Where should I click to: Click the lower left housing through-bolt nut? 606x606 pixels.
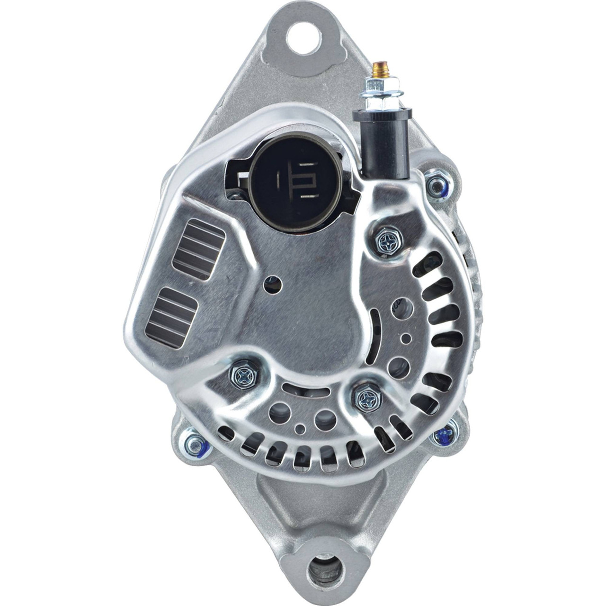tap(196, 444)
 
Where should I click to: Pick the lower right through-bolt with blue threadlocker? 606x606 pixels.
tap(443, 433)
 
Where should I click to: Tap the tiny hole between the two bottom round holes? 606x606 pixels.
tap(300, 429)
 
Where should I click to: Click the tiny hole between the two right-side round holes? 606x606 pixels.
tap(405, 338)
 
